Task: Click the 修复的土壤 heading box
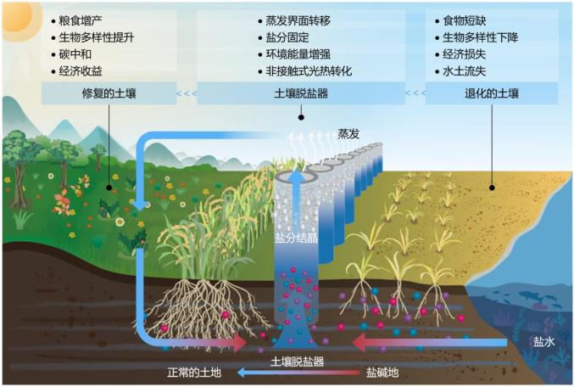(108, 93)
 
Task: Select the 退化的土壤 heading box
(491, 93)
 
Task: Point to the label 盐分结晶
(296, 238)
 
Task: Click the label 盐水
(543, 341)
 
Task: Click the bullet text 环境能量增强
(297, 53)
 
